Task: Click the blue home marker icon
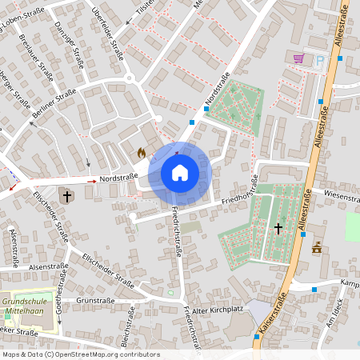[180, 173]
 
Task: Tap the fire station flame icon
[141, 151]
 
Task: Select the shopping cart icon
[298, 58]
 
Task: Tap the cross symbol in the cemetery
[278, 229]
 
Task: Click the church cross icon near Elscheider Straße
[67, 195]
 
